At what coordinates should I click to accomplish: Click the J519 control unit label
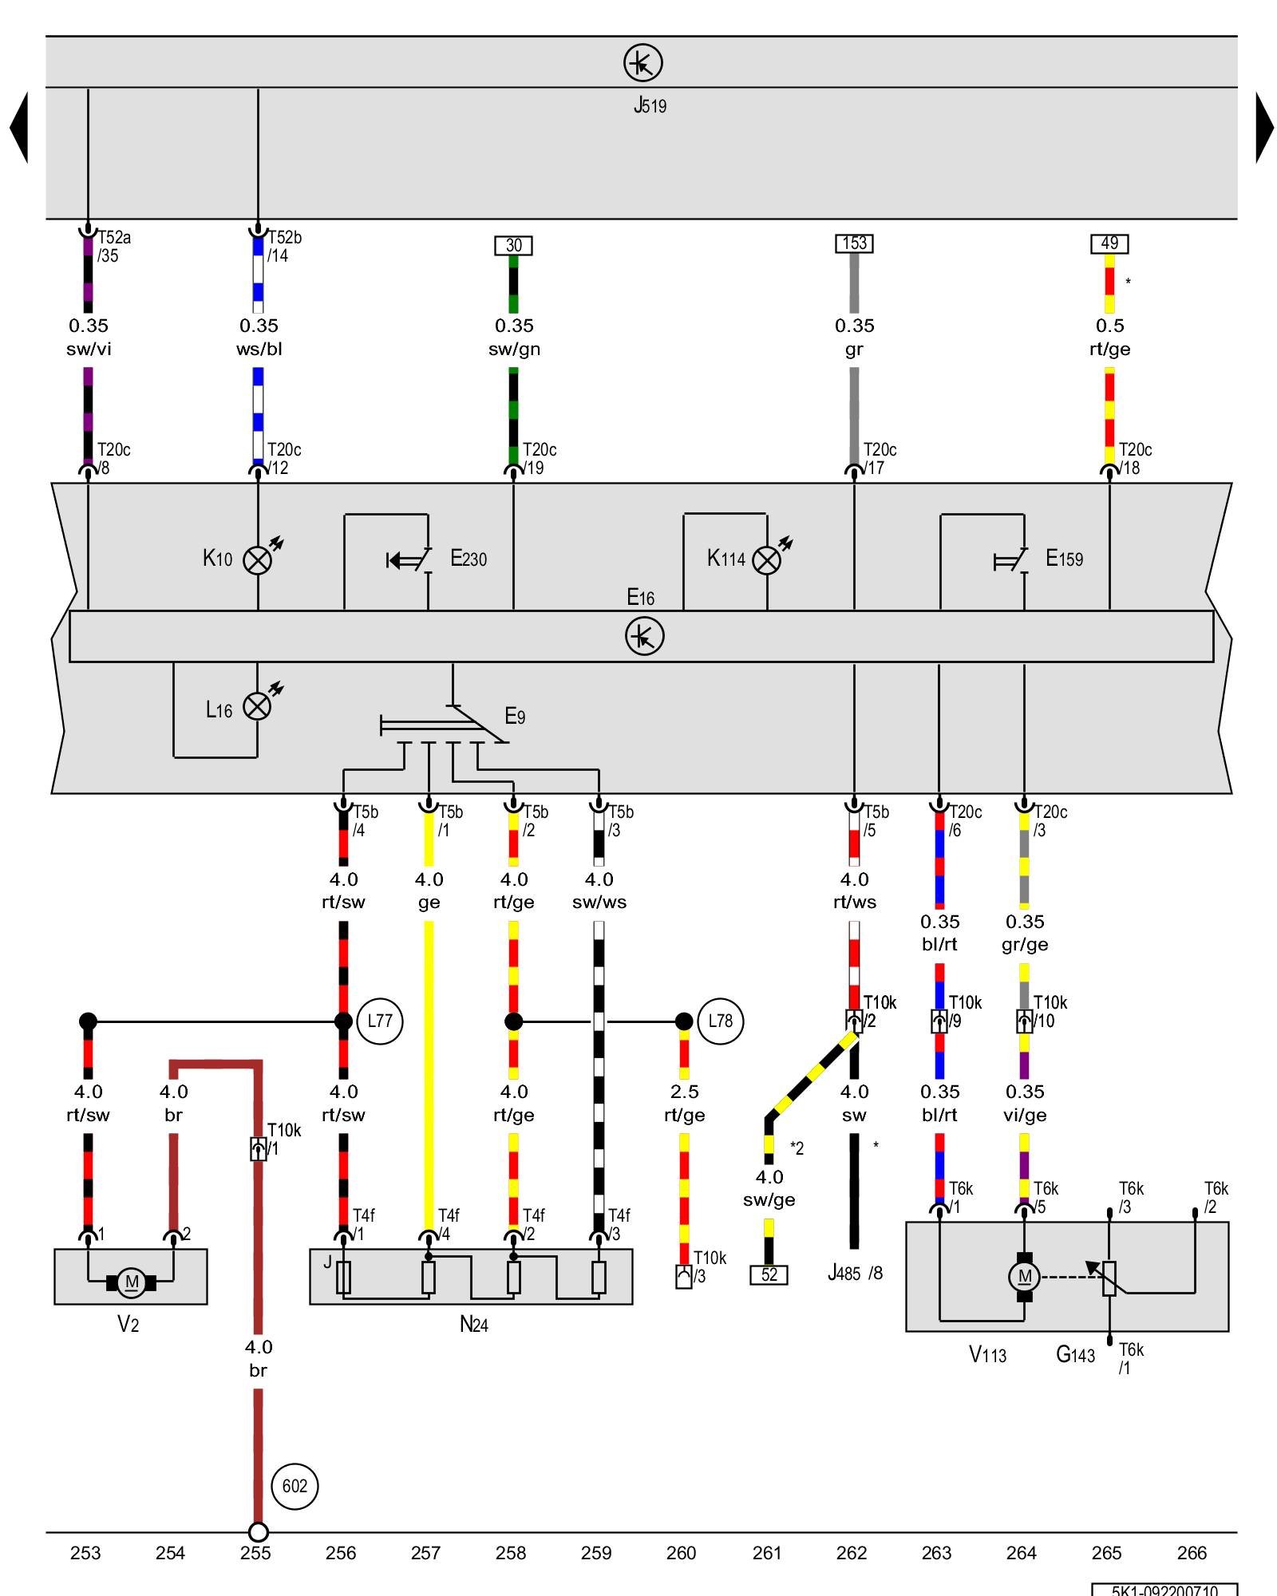point(650,105)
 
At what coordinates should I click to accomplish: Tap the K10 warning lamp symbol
point(257,560)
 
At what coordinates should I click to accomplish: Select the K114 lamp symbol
point(767,560)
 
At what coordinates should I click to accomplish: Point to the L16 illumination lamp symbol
point(257,706)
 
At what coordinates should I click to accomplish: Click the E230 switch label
point(468,559)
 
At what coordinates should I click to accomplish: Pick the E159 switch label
point(1064,559)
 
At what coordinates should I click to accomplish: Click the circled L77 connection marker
point(380,1021)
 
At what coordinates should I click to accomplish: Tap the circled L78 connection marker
point(720,1021)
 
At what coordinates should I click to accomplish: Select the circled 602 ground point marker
point(295,1486)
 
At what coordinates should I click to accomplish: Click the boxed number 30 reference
point(513,245)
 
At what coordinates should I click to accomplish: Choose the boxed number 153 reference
point(854,243)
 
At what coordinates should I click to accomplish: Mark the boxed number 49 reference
point(1109,243)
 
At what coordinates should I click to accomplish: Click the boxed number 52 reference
point(769,1274)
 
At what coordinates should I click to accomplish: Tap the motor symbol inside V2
point(131,1282)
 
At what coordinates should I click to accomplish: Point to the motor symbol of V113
point(1025,1277)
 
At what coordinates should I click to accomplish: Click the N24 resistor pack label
point(473,1325)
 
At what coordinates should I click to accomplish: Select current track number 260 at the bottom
point(681,1553)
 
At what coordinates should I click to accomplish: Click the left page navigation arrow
point(19,128)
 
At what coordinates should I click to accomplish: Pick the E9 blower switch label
point(515,717)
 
